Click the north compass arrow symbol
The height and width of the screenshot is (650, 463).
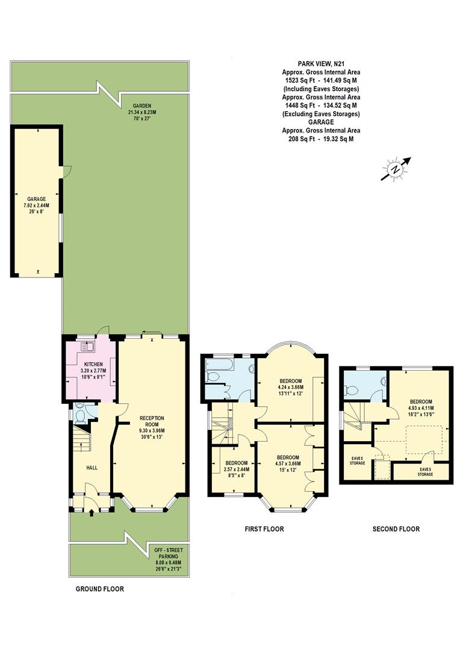[395, 169]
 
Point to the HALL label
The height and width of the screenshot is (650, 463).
[92, 467]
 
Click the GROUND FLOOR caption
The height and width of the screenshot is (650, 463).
[99, 589]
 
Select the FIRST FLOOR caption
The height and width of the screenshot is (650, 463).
[264, 529]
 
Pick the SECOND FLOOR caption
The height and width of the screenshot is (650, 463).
[396, 529]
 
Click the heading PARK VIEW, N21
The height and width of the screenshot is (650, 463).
[322, 63]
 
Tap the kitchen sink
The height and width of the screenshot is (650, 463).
[89, 346]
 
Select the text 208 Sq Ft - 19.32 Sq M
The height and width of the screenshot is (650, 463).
[321, 138]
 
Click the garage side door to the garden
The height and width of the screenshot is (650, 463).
[65, 172]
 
